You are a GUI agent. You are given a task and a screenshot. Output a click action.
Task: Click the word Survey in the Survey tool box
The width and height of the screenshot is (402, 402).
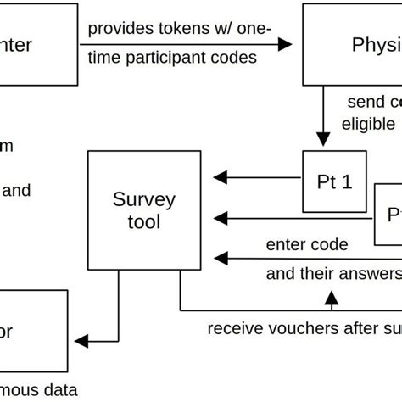[x=144, y=201]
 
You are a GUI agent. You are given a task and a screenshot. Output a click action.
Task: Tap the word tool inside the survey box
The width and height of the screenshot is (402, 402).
[x=144, y=222]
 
